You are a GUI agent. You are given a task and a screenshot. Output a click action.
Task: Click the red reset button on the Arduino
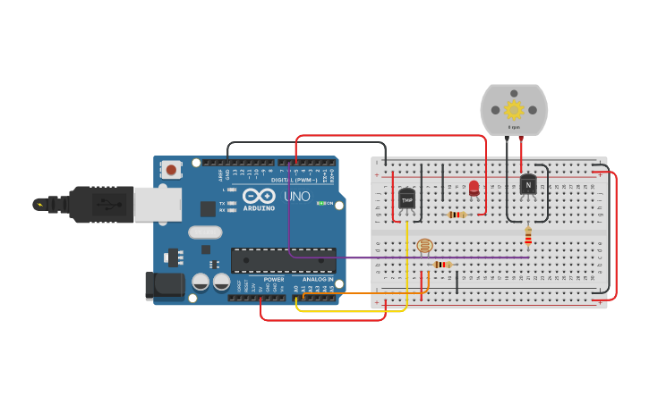[171, 168]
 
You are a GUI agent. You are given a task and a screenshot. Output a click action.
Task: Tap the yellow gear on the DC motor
[514, 110]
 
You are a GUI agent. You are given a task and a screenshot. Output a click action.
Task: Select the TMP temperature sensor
[407, 199]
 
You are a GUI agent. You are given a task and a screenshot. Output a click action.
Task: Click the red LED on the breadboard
[474, 188]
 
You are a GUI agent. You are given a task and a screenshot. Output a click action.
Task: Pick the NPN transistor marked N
[528, 184]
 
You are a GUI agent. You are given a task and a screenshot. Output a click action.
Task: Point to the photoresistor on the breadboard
[424, 245]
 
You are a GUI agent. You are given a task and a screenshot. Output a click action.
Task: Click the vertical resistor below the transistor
[528, 235]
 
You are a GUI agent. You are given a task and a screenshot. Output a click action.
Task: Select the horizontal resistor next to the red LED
[457, 215]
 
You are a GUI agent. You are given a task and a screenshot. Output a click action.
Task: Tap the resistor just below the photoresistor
[442, 265]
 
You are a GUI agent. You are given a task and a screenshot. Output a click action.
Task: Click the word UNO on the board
[297, 197]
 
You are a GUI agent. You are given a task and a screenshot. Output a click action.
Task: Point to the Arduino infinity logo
[258, 196]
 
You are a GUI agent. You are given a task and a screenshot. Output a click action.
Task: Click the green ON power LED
[320, 203]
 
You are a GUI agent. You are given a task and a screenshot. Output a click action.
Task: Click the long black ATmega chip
[283, 260]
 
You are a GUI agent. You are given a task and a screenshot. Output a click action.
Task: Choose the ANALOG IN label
[318, 280]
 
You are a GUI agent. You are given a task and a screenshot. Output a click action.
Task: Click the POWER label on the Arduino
[274, 280]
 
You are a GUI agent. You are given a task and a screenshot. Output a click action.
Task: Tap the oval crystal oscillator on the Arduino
[205, 232]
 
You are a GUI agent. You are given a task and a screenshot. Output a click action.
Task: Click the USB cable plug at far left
[90, 204]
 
